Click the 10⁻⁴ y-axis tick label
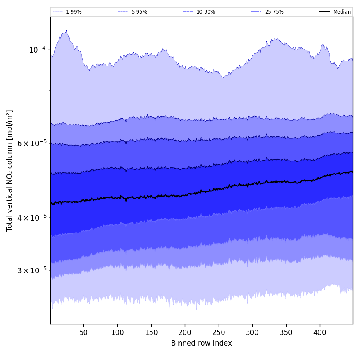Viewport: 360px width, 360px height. point(37,50)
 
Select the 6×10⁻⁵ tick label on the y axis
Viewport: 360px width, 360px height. point(32,143)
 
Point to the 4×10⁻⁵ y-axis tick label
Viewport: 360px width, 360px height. point(32,218)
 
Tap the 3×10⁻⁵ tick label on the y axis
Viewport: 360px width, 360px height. point(32,270)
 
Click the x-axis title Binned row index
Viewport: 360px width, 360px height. point(202,343)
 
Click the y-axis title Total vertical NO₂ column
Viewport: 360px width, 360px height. point(10,170)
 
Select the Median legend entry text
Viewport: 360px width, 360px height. point(342,12)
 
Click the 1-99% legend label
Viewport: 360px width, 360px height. point(74,12)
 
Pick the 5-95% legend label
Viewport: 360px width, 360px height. point(139,12)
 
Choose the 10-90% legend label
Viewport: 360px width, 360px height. point(205,12)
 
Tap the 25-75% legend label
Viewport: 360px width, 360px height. point(274,12)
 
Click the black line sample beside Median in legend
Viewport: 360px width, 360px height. point(324,12)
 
